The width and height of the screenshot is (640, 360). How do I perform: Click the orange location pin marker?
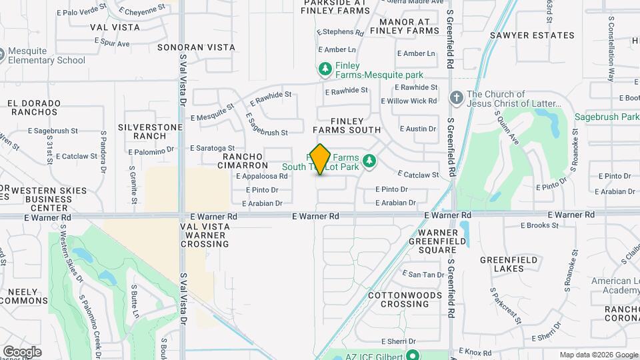pyautogui.click(x=321, y=159)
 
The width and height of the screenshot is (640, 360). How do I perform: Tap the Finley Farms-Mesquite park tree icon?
pyautogui.click(x=325, y=69)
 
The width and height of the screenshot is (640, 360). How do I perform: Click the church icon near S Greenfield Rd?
pyautogui.click(x=457, y=98)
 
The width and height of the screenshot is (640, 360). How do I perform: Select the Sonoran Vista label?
pyautogui.click(x=197, y=47)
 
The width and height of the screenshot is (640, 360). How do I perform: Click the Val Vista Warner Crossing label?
pyautogui.click(x=205, y=235)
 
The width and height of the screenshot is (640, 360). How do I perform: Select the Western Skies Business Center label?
pyautogui.click(x=45, y=199)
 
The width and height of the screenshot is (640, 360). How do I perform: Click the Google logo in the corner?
pyautogui.click(x=22, y=351)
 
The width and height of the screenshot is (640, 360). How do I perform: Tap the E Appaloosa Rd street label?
pyautogui.click(x=261, y=177)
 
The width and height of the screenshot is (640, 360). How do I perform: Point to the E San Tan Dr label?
pyautogui.click(x=422, y=275)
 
